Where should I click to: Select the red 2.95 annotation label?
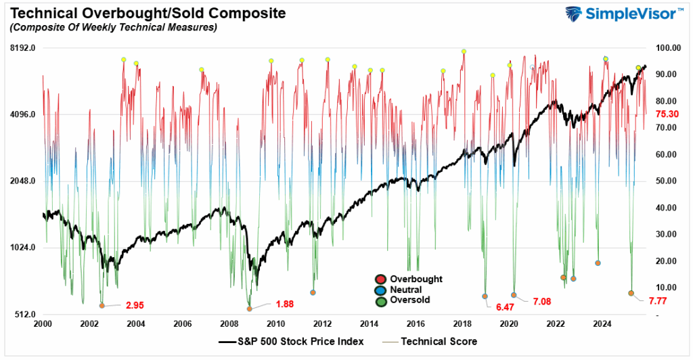pyautogui.click(x=135, y=305)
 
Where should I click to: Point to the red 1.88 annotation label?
pyautogui.click(x=284, y=304)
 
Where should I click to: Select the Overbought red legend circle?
pyautogui.click(x=380, y=279)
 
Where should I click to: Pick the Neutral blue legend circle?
pyautogui.click(x=380, y=290)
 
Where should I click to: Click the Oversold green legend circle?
pyautogui.click(x=380, y=300)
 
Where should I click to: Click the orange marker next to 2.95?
pyautogui.click(x=102, y=306)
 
